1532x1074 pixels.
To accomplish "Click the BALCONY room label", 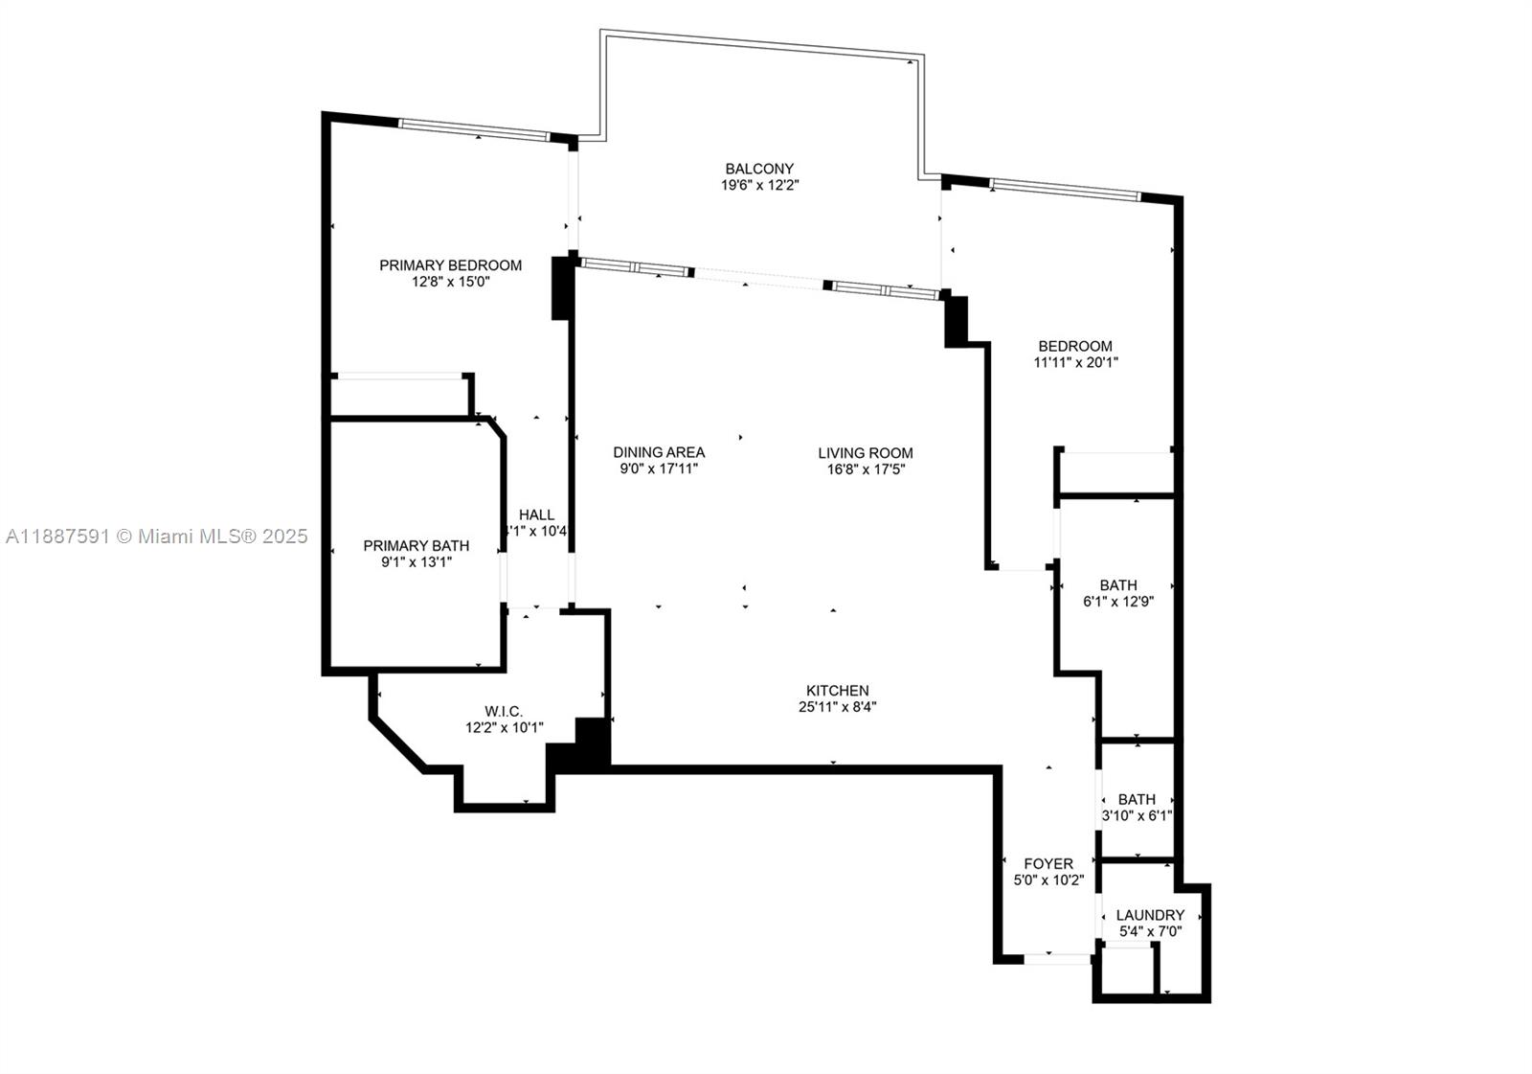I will [x=759, y=169].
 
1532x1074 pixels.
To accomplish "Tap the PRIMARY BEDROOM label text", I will [x=450, y=265].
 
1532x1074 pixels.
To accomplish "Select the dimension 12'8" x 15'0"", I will [x=450, y=283].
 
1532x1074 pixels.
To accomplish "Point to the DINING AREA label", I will [x=659, y=452].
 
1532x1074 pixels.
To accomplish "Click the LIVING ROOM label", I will [x=866, y=453].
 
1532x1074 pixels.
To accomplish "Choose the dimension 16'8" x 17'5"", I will [x=866, y=469].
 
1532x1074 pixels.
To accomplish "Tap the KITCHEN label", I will [x=838, y=691].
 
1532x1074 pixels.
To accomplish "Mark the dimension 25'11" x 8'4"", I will [x=838, y=707].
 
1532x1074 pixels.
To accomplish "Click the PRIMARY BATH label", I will [x=416, y=546].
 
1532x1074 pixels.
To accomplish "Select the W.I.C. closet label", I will [x=504, y=711].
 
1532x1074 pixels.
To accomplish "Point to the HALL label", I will [x=536, y=514].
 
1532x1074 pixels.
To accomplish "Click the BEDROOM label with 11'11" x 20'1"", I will [x=1075, y=346].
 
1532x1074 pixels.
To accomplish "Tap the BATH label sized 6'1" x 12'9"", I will [x=1118, y=585].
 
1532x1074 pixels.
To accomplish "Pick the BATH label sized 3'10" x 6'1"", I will [x=1137, y=799].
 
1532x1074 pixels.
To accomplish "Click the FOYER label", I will [x=1048, y=863].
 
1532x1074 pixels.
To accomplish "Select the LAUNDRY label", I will [x=1150, y=915].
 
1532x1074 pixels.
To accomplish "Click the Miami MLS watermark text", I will [x=157, y=537].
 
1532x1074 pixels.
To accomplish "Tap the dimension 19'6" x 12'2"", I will [x=759, y=186].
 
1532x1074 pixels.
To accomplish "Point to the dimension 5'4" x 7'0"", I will [x=1150, y=931].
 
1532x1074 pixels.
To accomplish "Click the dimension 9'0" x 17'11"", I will [x=659, y=469].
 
